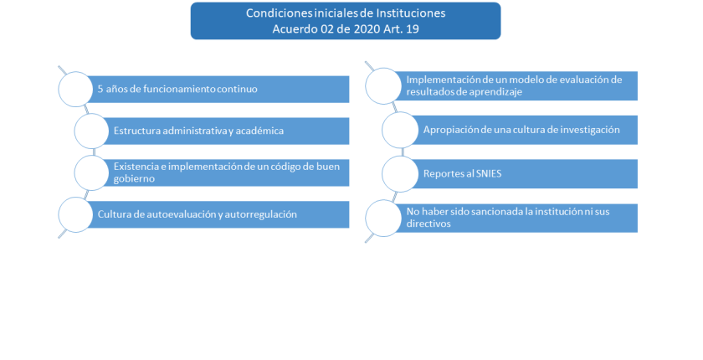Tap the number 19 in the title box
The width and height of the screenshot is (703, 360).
pyautogui.click(x=413, y=29)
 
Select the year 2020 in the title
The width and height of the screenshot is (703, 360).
pyautogui.click(x=367, y=29)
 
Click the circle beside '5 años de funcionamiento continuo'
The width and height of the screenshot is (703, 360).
pyautogui.click(x=76, y=90)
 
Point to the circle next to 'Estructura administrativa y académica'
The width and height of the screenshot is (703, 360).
pyautogui.click(x=92, y=131)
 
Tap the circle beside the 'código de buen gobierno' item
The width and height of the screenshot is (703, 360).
pyautogui.click(x=92, y=172)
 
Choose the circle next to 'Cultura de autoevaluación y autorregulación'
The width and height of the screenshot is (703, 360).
pyautogui.click(x=76, y=214)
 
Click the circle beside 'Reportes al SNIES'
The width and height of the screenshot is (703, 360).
pyautogui.click(x=400, y=174)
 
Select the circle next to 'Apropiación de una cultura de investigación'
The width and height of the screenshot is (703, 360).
pyautogui.click(x=400, y=130)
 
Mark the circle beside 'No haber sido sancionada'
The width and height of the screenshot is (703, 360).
pyautogui.click(x=383, y=218)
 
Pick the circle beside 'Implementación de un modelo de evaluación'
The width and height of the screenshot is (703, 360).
pyautogui.click(x=383, y=86)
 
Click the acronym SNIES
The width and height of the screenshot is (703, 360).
pyautogui.click(x=487, y=174)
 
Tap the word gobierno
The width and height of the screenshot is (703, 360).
pyautogui.click(x=134, y=179)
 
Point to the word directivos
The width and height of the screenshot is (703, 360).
pyautogui.click(x=428, y=224)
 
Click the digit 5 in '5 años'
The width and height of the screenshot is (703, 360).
pyautogui.click(x=100, y=90)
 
